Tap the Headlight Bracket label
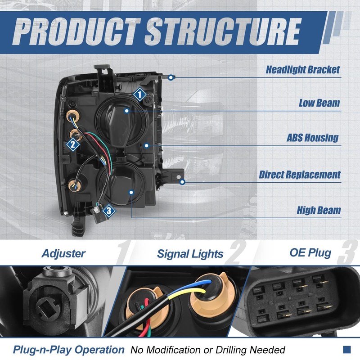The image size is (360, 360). pyautogui.click(x=302, y=70)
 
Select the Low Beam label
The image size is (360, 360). pyautogui.click(x=319, y=103)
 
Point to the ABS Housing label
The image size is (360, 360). pyautogui.click(x=313, y=138)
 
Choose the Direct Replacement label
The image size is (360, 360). pyautogui.click(x=300, y=175)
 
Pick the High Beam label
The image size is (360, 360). pyautogui.click(x=319, y=210)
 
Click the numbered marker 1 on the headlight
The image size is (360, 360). pyautogui.click(x=139, y=94)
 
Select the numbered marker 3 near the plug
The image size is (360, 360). pyautogui.click(x=108, y=210)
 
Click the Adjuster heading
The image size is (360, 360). pyautogui.click(x=63, y=253)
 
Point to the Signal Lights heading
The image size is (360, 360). pyautogui.click(x=190, y=254)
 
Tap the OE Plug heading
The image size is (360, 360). pyautogui.click(x=310, y=252)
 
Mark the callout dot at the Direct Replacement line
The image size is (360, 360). pyautogui.click(x=182, y=182)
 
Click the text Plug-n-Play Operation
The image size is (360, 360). pyautogui.click(x=68, y=350)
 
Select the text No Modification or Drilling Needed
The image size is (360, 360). pyautogui.click(x=208, y=350)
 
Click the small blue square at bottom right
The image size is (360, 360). pyautogui.click(x=346, y=349)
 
